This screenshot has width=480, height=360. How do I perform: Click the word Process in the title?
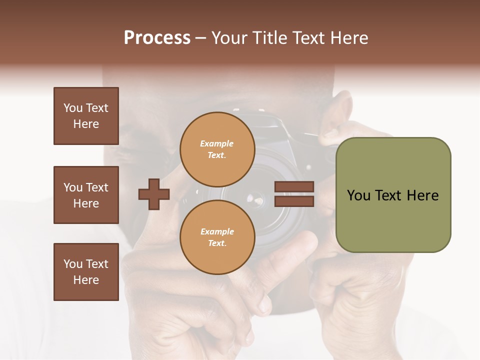(157, 38)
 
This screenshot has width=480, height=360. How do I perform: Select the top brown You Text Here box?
(86, 116)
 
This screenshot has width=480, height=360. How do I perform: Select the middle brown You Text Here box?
(86, 195)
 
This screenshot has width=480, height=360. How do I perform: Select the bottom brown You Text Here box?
(86, 272)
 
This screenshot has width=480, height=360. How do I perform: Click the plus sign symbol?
(154, 194)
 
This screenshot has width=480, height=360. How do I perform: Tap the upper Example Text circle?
(217, 149)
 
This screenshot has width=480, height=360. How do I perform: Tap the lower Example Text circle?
(217, 237)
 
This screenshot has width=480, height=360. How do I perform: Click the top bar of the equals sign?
(294, 187)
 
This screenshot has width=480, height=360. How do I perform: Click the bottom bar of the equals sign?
(294, 201)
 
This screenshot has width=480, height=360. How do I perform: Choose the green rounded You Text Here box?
(393, 195)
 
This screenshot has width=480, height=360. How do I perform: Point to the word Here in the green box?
(422, 195)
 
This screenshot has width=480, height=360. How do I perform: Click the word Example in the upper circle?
(217, 143)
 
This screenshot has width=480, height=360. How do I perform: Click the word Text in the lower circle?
(217, 243)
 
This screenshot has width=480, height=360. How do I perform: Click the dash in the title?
(201, 38)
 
